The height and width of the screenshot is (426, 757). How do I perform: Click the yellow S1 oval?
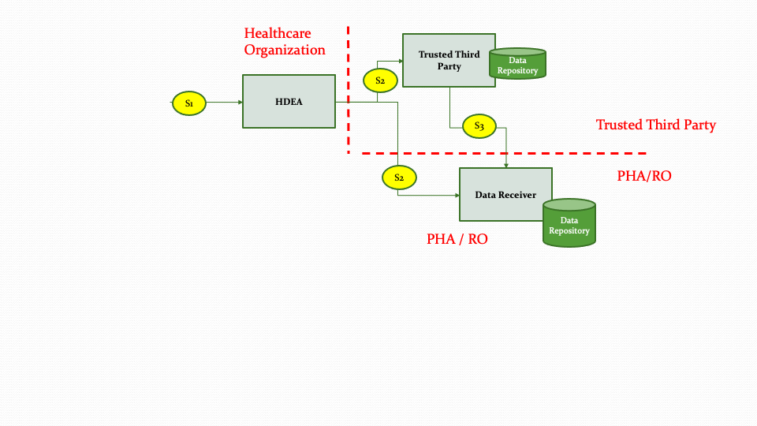tap(189, 103)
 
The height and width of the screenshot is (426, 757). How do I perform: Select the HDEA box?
tap(289, 101)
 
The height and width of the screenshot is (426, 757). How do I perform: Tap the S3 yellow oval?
tap(479, 125)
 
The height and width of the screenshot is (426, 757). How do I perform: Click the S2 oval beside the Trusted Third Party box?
tap(380, 80)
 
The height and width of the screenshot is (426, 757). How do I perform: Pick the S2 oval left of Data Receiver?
tap(399, 178)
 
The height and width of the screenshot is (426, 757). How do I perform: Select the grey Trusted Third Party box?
tap(448, 60)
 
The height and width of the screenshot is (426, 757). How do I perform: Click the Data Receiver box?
tap(505, 194)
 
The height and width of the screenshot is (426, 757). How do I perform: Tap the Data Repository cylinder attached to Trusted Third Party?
tap(517, 64)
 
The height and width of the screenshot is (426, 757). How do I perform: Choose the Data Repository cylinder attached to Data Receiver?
tap(569, 223)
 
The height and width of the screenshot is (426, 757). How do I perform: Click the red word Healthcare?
tap(278, 33)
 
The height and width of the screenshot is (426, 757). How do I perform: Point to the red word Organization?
tap(284, 50)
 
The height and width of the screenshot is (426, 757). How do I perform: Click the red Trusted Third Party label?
tap(655, 125)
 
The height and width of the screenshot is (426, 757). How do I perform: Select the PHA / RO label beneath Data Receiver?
tap(457, 239)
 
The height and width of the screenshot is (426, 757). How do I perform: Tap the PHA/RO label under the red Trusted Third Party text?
tap(644, 176)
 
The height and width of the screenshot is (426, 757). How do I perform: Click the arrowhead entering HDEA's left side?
tap(239, 103)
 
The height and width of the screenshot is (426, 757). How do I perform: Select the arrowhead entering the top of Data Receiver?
tap(505, 165)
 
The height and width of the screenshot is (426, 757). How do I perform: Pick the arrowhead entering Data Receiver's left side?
tap(457, 195)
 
